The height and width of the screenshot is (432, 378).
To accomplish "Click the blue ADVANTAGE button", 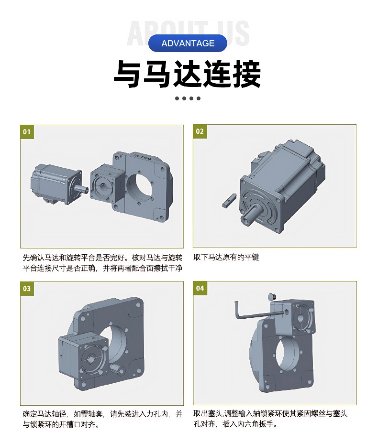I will [x=188, y=43].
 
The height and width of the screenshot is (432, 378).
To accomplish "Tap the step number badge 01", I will [x=27, y=131].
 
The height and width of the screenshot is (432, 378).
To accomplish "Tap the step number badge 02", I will [x=200, y=131].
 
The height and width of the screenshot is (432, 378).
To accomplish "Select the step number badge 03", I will [x=27, y=288].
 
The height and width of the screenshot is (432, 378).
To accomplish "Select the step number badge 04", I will [x=200, y=288].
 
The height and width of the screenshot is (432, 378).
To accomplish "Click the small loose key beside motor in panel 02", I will [x=229, y=201].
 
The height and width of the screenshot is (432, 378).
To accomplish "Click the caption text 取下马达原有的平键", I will [x=226, y=257].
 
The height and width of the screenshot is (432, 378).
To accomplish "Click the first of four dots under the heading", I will [x=177, y=98].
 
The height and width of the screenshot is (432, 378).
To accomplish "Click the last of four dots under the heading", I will [x=199, y=98].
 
